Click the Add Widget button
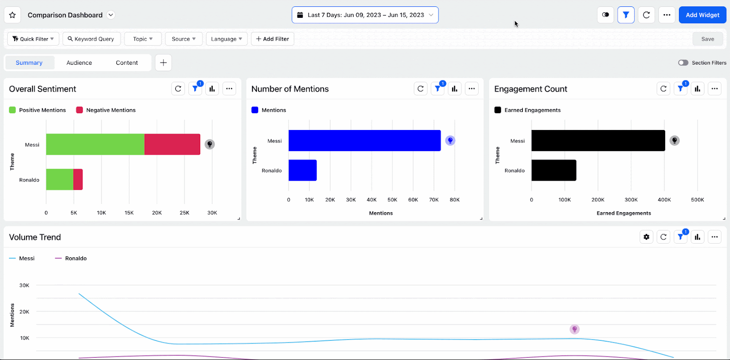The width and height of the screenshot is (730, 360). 702,15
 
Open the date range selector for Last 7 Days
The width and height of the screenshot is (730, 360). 365,15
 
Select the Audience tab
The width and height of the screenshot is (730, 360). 79,63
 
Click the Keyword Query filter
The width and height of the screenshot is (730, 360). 91,39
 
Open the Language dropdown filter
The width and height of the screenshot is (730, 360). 226,39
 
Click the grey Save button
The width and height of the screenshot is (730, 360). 707,39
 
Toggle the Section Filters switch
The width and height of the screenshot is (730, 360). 683,63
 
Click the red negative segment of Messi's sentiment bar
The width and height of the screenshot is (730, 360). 172,144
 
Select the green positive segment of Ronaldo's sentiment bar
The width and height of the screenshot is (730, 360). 59,179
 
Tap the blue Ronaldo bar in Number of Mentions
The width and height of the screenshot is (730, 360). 302,170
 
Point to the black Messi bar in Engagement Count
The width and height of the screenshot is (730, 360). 598,141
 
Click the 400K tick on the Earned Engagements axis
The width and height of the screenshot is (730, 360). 664,200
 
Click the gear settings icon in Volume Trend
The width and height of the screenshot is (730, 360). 646,237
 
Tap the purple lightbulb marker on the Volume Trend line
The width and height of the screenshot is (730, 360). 574,329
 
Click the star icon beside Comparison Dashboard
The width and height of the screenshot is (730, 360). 12,15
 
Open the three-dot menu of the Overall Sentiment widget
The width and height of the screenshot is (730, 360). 229,89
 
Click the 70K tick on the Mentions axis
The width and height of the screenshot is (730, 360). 433,200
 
